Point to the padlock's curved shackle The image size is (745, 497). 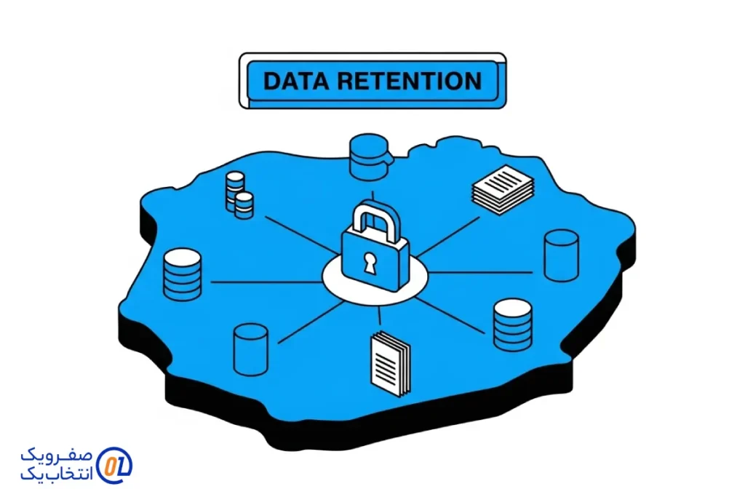[373, 218]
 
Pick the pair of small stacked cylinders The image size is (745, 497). [239, 194]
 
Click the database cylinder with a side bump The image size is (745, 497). [369, 156]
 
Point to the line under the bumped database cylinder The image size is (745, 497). [373, 195]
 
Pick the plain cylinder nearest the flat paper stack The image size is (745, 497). [561, 255]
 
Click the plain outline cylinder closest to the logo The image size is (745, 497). [250, 349]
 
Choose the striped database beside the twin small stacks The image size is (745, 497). [182, 274]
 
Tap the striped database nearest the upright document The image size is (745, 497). [513, 325]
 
